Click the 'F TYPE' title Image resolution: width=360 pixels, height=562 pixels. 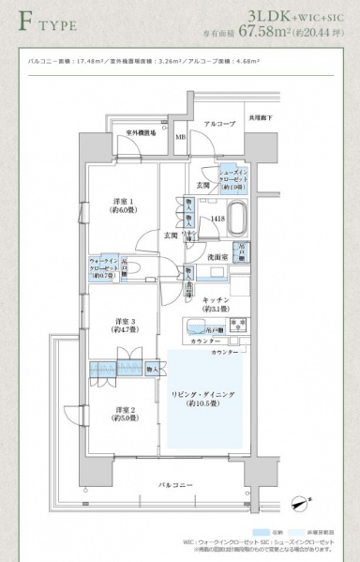tap(44, 20)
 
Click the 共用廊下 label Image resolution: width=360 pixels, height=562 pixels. tap(261, 119)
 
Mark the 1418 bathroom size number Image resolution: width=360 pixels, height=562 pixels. tap(217, 219)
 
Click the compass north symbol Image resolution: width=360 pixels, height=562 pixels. tap(300, 504)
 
